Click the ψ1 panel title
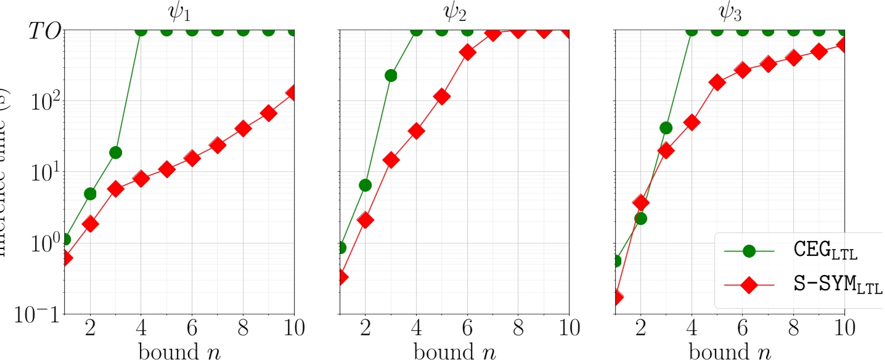[x=178, y=13]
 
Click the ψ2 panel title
[x=454, y=13]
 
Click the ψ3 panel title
[x=730, y=13]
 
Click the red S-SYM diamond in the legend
[x=749, y=285]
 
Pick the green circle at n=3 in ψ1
[x=115, y=152]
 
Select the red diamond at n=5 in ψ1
[x=166, y=170]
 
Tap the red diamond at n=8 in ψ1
[x=243, y=129]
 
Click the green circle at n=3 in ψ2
[x=391, y=75]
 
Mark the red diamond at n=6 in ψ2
[x=467, y=52]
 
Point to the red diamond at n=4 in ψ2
[x=416, y=131]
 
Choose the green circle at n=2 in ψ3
[x=640, y=218]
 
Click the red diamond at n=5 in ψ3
[x=717, y=83]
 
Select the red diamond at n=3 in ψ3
[x=666, y=150]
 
